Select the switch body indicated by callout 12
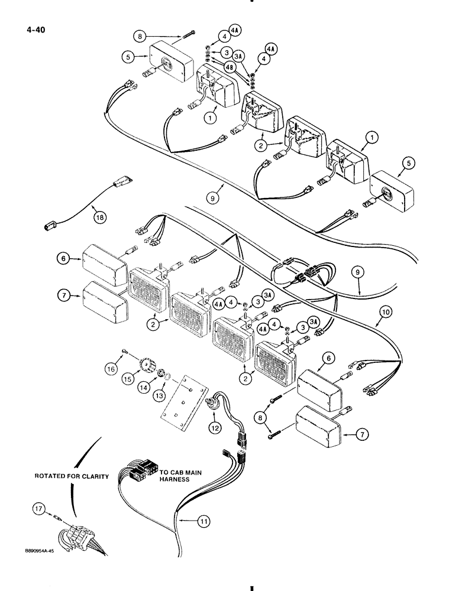coord(212,404)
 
